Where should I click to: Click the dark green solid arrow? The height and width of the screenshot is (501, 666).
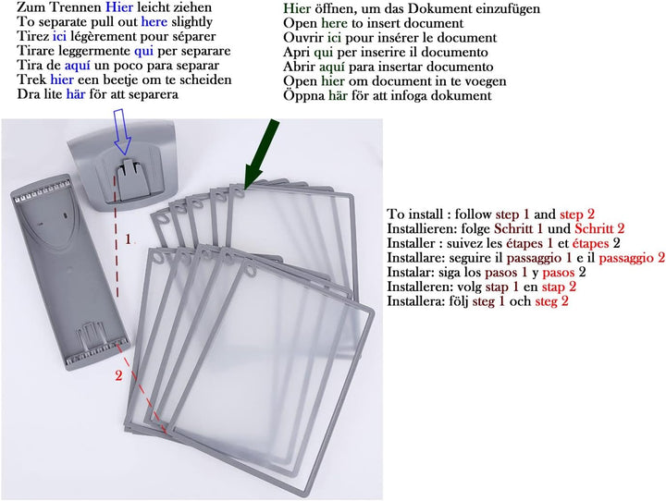tap(260, 153)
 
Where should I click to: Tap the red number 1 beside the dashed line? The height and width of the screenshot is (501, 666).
tap(129, 238)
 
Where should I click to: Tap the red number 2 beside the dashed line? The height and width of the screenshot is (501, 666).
tap(118, 374)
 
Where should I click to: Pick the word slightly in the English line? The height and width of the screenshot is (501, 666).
tap(191, 21)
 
